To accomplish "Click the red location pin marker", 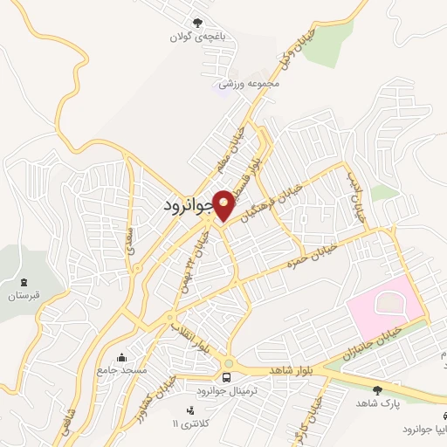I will pos(224,205).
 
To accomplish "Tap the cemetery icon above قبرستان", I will pos(24,282).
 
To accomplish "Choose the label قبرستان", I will pos(24,297).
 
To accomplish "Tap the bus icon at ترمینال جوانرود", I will pos(227,377).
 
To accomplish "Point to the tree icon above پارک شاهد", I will pos(377,389).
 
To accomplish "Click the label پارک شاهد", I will pos(376,403).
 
